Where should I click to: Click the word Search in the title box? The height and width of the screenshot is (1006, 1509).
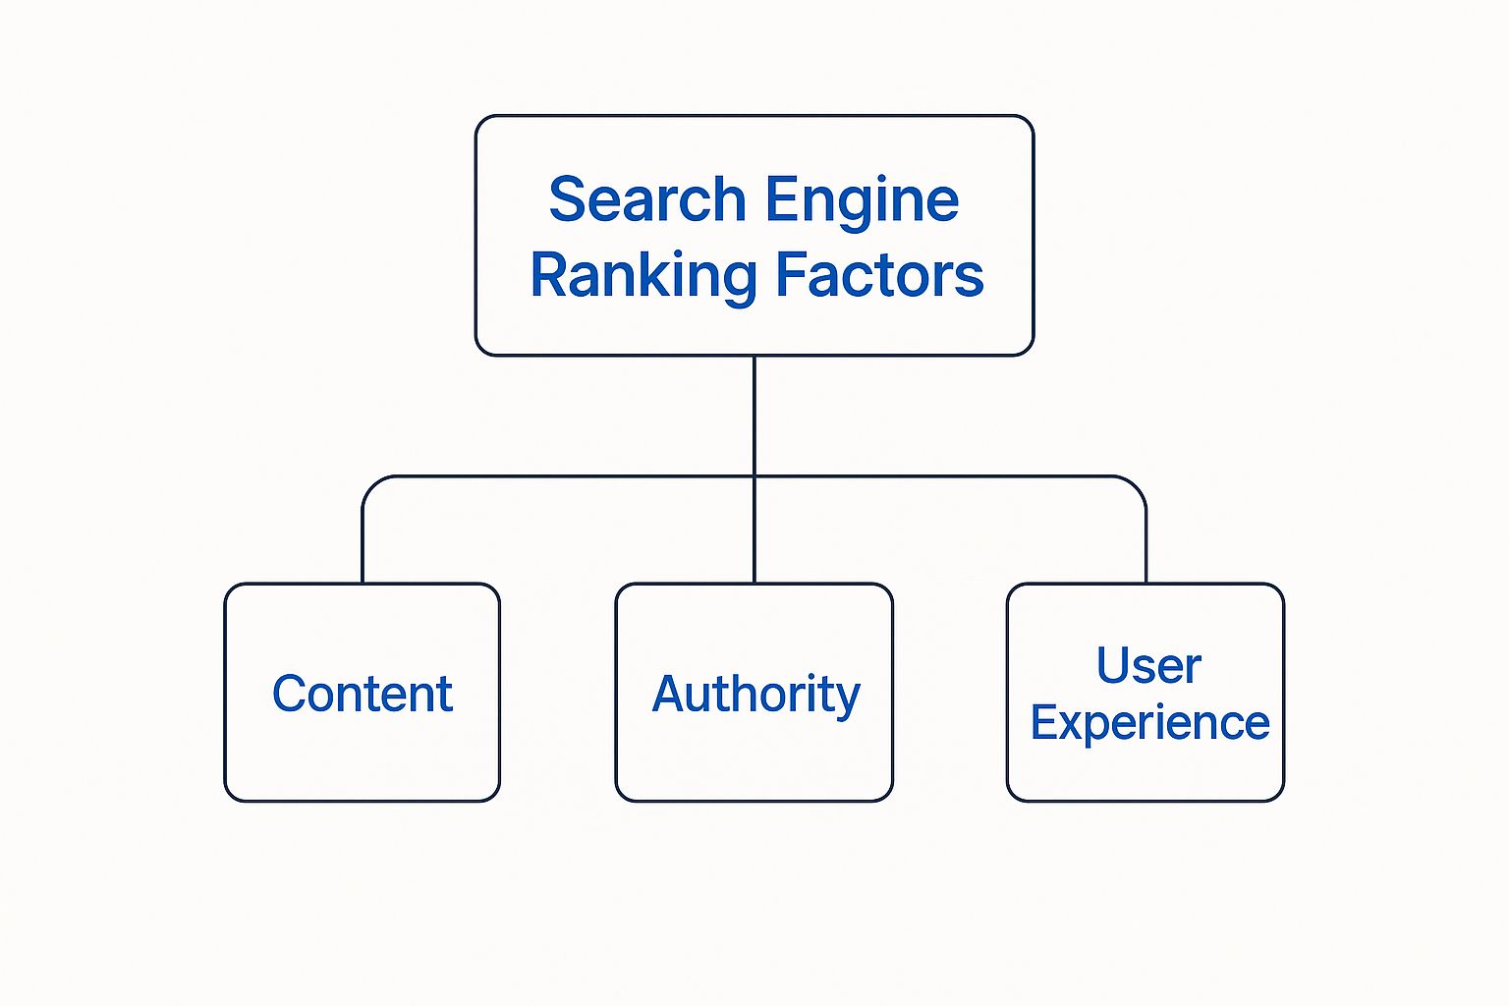click(x=646, y=200)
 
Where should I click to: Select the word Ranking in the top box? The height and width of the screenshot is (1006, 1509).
click(x=643, y=276)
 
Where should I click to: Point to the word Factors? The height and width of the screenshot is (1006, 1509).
click(x=879, y=275)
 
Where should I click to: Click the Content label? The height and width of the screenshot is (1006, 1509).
click(x=362, y=695)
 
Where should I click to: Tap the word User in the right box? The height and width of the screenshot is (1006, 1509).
click(x=1147, y=666)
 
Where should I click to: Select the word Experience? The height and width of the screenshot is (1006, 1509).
click(x=1149, y=724)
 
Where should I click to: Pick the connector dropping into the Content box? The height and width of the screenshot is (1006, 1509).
click(x=363, y=550)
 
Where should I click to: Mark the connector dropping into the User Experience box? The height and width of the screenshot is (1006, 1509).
click(x=1146, y=550)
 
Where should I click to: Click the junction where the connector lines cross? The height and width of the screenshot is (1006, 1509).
click(x=754, y=476)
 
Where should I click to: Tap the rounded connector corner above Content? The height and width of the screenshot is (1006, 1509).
click(x=370, y=484)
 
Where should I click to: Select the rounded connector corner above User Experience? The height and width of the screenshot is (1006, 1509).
click(x=1138, y=484)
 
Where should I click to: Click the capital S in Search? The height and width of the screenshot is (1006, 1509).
click(x=567, y=200)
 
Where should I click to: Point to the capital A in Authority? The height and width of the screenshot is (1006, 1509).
click(x=669, y=694)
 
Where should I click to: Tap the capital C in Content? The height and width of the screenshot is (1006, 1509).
click(x=290, y=694)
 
